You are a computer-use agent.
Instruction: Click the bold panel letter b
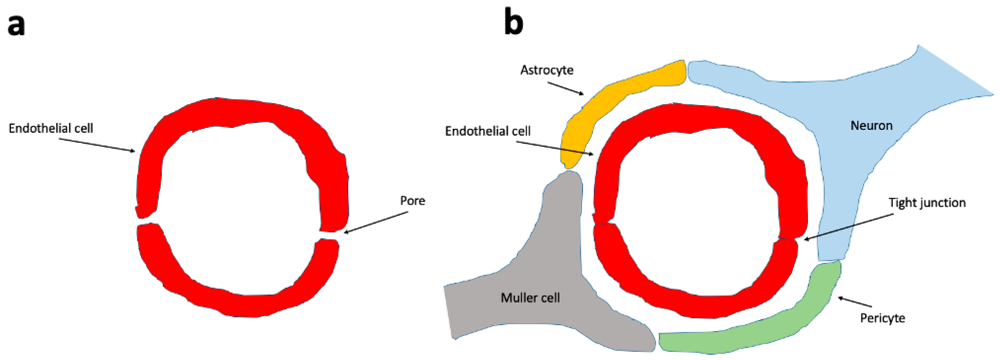pos(513,23)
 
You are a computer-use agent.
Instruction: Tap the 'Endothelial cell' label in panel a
pos(51,128)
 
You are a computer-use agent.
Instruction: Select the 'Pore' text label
pos(412,200)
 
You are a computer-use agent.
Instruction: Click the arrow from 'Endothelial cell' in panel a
pos(97,145)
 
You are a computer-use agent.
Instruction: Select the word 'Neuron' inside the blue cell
pos(871,125)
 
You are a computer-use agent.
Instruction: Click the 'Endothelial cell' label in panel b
pos(488,131)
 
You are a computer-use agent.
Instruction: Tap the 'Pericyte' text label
pos(882,318)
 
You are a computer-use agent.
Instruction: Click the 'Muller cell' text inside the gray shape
pos(530,298)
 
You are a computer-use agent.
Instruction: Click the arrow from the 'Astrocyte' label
pos(565,88)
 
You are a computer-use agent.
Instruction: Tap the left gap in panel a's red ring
pos(147,220)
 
